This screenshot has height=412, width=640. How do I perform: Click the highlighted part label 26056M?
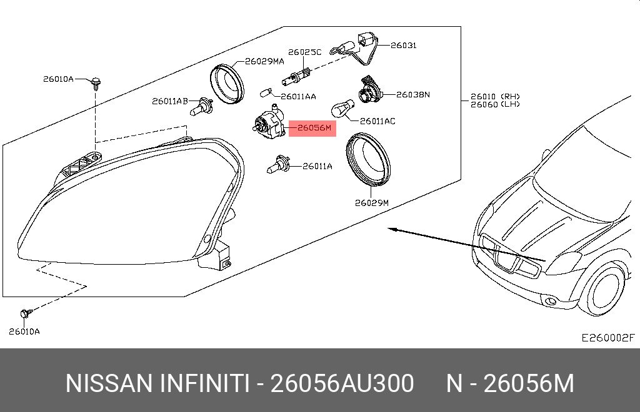(x=314, y=128)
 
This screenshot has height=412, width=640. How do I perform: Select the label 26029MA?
(x=264, y=62)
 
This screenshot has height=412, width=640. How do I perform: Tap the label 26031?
(x=404, y=45)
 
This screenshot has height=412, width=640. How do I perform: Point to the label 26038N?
(x=413, y=94)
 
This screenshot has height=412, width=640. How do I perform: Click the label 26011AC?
(x=377, y=121)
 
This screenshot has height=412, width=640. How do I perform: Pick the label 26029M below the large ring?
(x=372, y=202)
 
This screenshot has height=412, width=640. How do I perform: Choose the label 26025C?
(x=305, y=52)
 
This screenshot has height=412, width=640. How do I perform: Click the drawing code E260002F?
(x=608, y=338)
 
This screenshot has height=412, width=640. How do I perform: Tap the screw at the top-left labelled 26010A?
(x=96, y=83)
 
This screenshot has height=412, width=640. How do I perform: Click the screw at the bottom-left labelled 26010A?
(x=26, y=313)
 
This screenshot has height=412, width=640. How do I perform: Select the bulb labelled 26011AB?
(x=201, y=106)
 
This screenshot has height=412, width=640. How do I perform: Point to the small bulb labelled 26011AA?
(x=266, y=94)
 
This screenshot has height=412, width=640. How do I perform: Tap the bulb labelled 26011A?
(x=278, y=165)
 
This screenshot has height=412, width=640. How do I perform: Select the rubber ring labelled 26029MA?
(x=227, y=84)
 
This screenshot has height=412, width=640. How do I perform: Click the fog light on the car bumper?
(x=551, y=302)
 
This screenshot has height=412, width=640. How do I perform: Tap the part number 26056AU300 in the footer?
(x=342, y=383)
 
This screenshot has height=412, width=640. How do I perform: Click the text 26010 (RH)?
(x=495, y=97)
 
